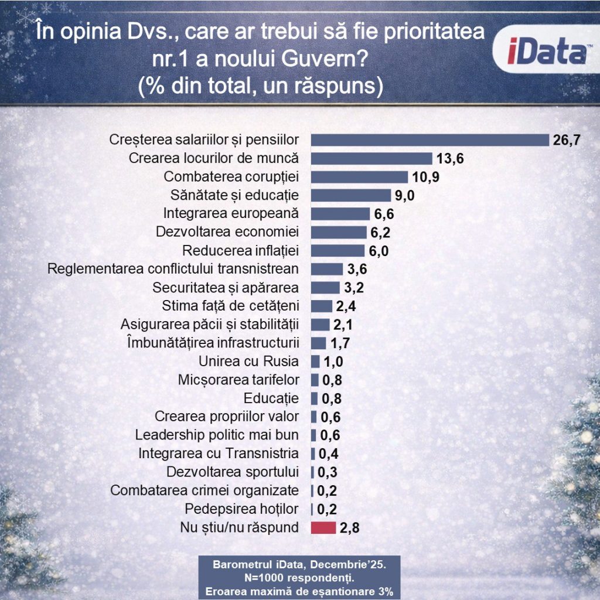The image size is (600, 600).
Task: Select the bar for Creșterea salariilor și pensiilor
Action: click(x=429, y=140)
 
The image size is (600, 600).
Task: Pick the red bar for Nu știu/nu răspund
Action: click(x=323, y=527)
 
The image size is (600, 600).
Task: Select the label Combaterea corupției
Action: click(x=231, y=177)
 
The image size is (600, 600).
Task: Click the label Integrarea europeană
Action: click(x=231, y=213)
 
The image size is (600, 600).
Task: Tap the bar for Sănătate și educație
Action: click(x=350, y=195)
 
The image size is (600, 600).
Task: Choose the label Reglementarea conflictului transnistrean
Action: click(x=173, y=269)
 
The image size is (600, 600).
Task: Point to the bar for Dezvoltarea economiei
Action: click(x=338, y=232)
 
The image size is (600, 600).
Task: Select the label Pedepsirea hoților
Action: click(x=241, y=508)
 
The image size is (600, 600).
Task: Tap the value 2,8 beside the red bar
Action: click(x=349, y=528)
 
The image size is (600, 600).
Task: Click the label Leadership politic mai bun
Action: click(x=217, y=435)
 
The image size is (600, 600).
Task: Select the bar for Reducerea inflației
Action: click(x=337, y=251)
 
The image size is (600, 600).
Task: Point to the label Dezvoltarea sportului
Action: click(x=233, y=472)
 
